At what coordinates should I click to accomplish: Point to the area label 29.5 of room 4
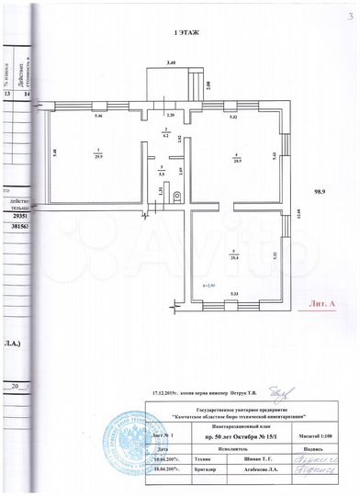(x=236, y=158)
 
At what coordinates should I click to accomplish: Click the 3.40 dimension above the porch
(x=171, y=62)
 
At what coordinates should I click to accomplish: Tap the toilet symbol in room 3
(x=177, y=179)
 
